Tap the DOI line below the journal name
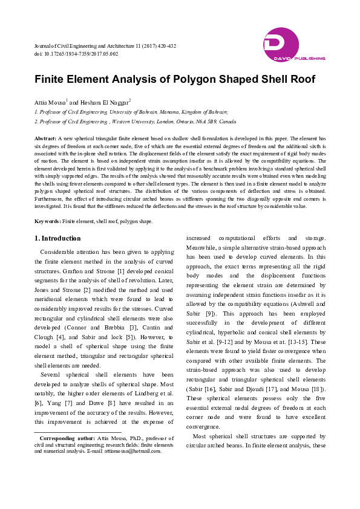pos(76,54)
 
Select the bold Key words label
pos(47,221)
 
